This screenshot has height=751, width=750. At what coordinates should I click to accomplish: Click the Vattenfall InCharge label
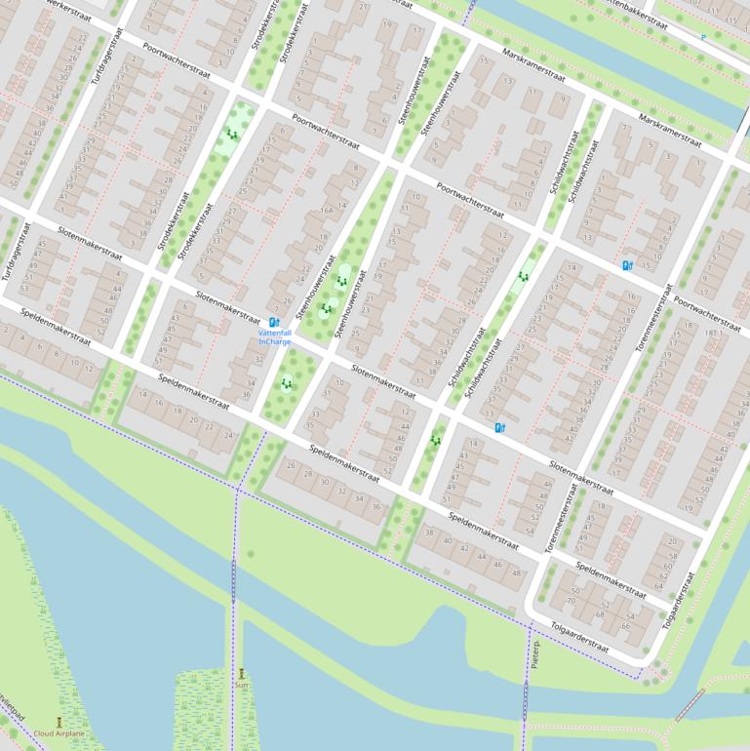coord(274,336)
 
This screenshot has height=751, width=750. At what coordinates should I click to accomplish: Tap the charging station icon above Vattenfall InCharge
coord(273,321)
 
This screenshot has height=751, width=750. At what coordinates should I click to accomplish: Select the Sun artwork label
coord(241,686)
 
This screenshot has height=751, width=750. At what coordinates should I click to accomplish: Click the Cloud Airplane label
coord(59,733)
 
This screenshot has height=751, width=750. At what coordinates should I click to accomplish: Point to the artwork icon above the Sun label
coord(242,673)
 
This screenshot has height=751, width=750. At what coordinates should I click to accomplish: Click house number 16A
coord(327,209)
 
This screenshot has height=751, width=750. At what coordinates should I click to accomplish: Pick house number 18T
coord(712,333)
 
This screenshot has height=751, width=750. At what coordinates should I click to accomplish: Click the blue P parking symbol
coord(702,38)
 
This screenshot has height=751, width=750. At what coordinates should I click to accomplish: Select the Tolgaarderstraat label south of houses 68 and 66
coord(579,636)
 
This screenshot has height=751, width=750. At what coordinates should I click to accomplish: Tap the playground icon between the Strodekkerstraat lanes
coord(231,135)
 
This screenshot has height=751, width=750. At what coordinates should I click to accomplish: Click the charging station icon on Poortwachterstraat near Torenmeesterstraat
coord(627,264)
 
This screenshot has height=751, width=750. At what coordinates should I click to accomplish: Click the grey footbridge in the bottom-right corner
coord(690,703)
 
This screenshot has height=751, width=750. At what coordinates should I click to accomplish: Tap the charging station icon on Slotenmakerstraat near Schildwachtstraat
coord(500,427)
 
